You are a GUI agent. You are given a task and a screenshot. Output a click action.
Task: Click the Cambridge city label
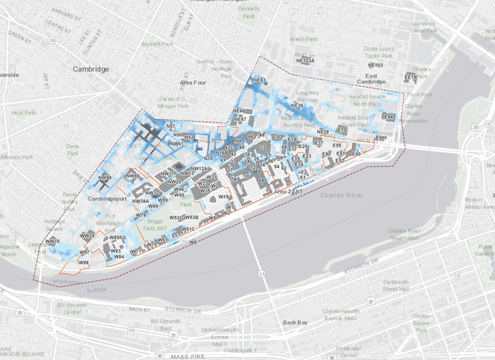[91, 69]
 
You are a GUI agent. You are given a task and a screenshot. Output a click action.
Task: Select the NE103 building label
[375, 65]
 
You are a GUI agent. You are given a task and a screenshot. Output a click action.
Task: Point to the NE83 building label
[260, 80]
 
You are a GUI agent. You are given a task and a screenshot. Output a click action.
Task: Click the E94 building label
[388, 116]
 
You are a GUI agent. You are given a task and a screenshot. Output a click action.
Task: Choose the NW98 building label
[105, 178]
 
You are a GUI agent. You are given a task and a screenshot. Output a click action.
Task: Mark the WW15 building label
[53, 241]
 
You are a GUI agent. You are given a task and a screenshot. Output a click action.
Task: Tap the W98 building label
[83, 263]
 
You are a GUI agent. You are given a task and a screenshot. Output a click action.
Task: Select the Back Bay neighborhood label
[295, 323]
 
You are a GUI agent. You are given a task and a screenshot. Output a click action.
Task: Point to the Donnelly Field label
[248, 13]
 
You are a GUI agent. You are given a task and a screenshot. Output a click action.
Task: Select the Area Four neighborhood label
[193, 82]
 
